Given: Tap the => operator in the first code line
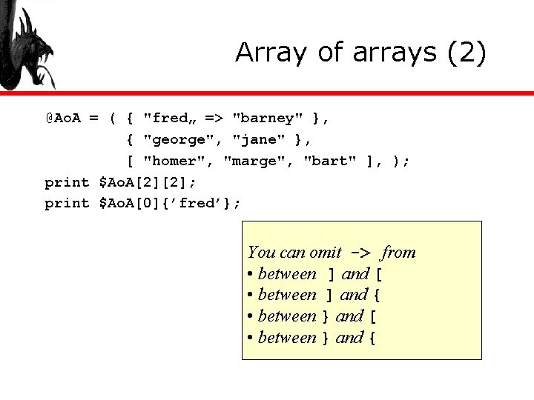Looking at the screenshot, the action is click(214, 117).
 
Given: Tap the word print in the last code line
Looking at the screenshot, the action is click(67, 203).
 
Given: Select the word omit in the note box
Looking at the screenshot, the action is click(325, 253).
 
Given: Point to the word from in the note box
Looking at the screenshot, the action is click(398, 253).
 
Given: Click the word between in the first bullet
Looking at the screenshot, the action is click(287, 274).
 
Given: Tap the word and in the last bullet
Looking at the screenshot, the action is click(349, 338).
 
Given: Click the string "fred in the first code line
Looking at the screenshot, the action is click(168, 117).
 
